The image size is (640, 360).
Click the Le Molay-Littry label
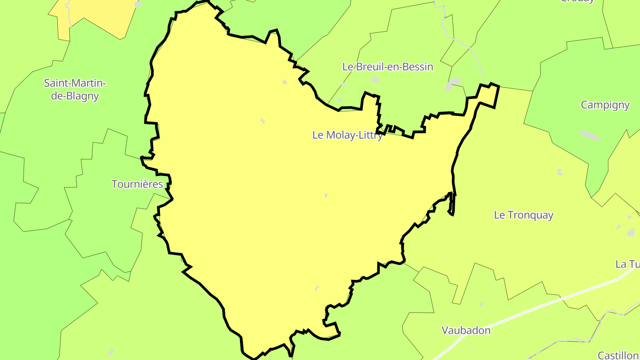point(347,135)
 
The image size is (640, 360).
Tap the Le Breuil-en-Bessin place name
point(388,67)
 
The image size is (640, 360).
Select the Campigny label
point(605,105)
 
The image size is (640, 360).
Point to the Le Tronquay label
point(524,215)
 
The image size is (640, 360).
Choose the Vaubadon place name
point(466,330)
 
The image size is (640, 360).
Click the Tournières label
point(137,184)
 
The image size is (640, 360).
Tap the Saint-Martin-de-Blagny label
point(75,89)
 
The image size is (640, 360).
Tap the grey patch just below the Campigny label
point(590,135)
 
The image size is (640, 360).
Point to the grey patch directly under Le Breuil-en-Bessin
point(374,80)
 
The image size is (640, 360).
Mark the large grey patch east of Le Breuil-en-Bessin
point(453,83)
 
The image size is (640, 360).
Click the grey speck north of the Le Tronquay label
point(560,172)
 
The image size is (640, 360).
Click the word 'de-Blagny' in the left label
point(75,96)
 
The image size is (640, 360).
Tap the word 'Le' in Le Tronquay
point(500,215)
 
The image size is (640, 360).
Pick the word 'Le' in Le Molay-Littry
point(318,135)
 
